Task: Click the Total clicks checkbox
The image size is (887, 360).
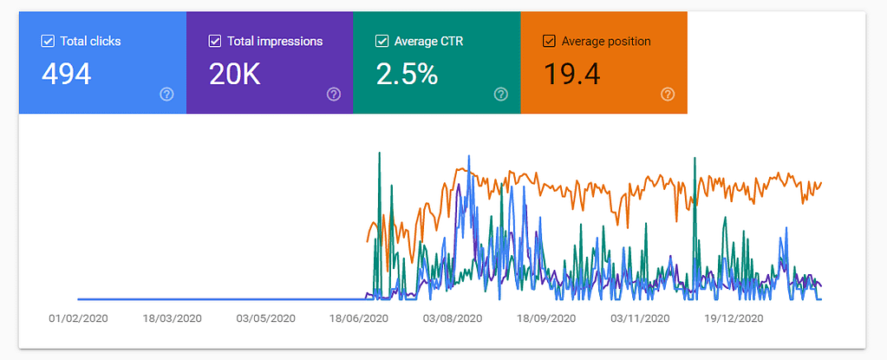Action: [47, 41]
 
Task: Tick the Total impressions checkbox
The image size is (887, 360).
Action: [214, 41]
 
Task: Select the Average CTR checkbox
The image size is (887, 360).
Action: [382, 41]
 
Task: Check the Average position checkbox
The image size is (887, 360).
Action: [549, 41]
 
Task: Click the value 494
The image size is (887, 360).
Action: [66, 75]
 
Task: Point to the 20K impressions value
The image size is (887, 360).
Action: [235, 75]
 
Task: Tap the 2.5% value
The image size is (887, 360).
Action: [406, 75]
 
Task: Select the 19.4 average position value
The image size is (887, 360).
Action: [571, 75]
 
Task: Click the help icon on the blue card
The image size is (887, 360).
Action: [167, 95]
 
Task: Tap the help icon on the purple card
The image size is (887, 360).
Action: [334, 95]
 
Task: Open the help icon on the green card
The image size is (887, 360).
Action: [500, 95]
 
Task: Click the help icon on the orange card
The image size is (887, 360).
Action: [668, 95]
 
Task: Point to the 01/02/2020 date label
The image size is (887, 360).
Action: [78, 318]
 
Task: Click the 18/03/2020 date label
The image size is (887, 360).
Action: [172, 318]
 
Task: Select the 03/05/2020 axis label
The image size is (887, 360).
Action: [265, 318]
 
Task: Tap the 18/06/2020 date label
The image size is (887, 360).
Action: [359, 318]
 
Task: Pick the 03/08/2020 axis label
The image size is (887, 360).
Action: [453, 318]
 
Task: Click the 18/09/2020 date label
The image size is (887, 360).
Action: [546, 318]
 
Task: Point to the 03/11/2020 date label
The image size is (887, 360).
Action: [640, 318]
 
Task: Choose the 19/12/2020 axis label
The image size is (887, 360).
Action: [734, 318]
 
